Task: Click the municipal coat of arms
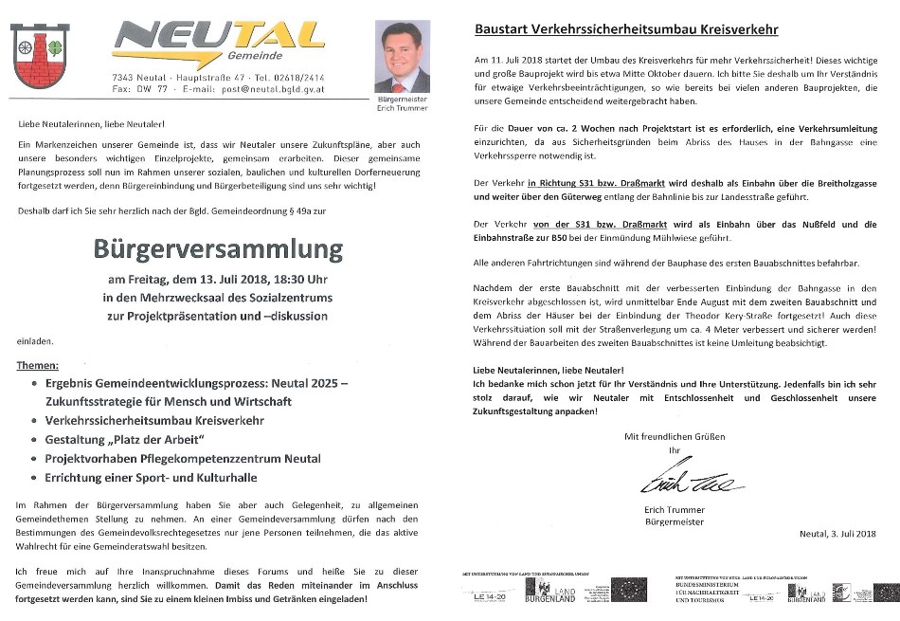pyautogui.click(x=40, y=56)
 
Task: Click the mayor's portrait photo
pyautogui.click(x=403, y=57)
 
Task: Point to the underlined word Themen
pyautogui.click(x=38, y=366)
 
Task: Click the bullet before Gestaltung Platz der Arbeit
pyautogui.click(x=34, y=440)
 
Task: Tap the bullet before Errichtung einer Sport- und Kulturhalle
pyautogui.click(x=34, y=477)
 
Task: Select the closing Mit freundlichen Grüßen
pyautogui.click(x=674, y=437)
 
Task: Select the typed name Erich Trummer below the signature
pyautogui.click(x=674, y=510)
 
